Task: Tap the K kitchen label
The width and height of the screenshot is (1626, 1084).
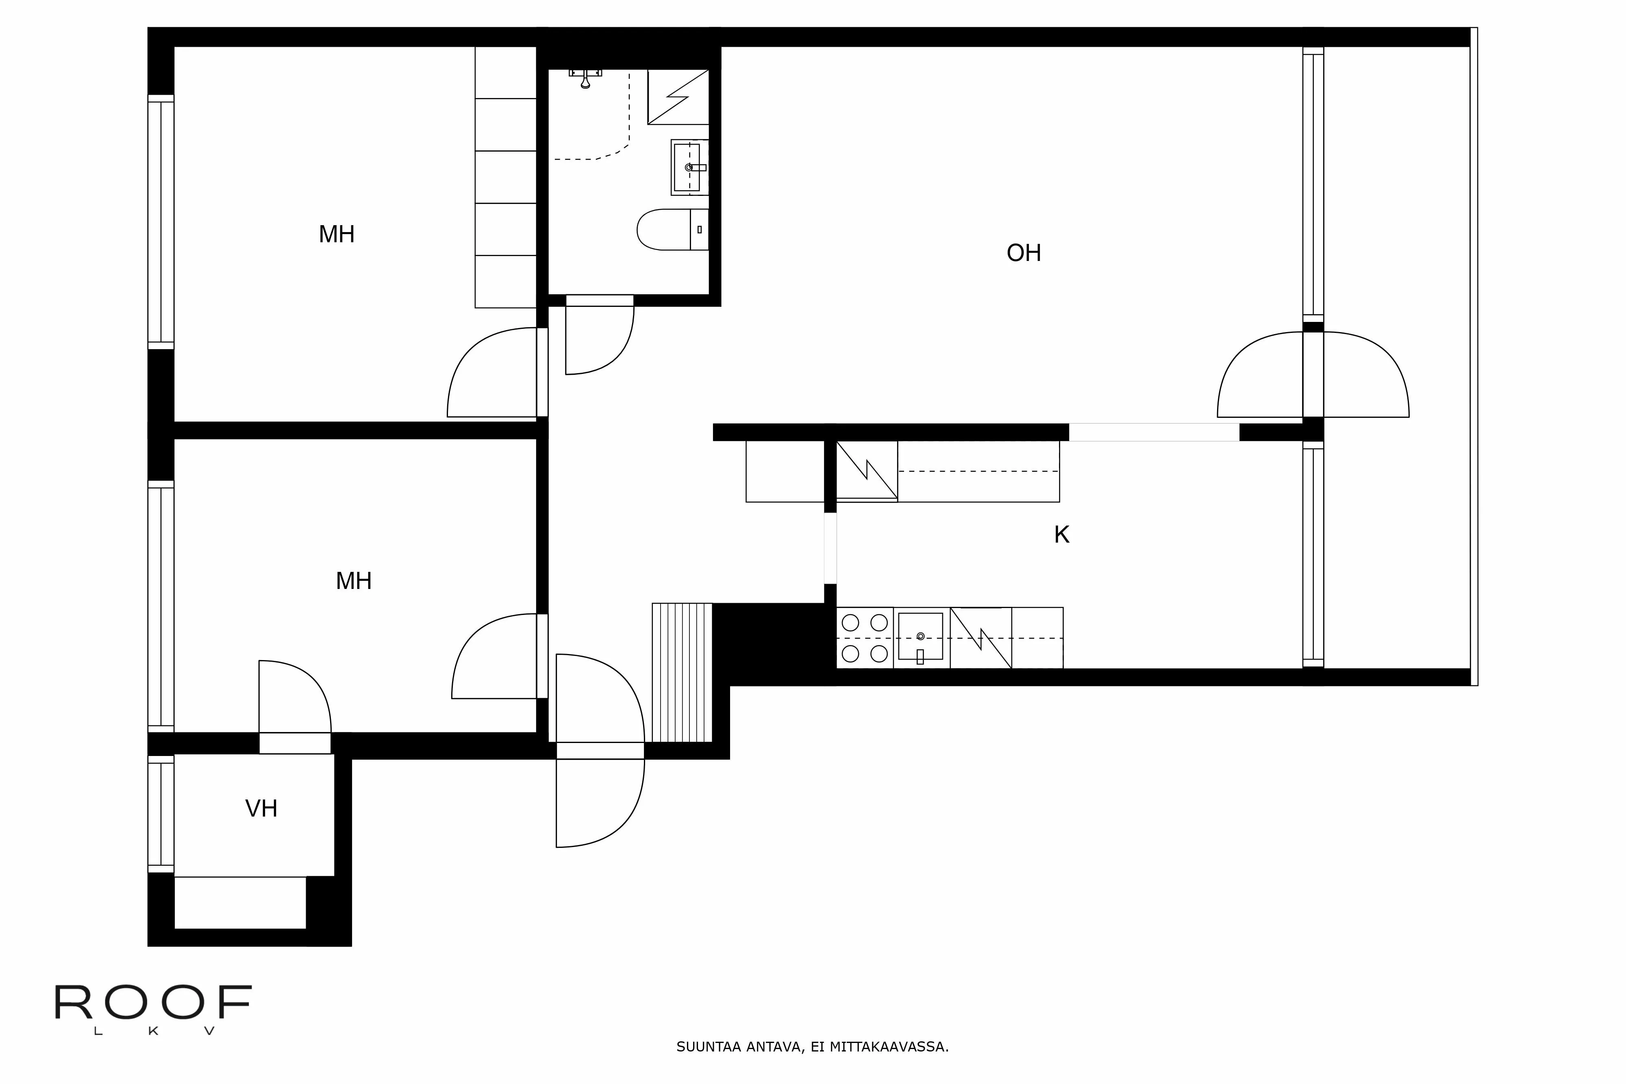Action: tap(1061, 534)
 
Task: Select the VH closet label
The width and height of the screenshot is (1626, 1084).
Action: tap(261, 808)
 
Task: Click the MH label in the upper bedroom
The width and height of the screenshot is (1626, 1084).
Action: tap(337, 235)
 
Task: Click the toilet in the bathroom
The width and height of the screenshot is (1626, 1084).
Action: tap(672, 230)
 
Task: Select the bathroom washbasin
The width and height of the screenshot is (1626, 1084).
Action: tap(689, 167)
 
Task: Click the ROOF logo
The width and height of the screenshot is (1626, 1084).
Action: tap(154, 1009)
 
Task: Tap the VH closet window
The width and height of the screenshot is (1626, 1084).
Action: tap(161, 814)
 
